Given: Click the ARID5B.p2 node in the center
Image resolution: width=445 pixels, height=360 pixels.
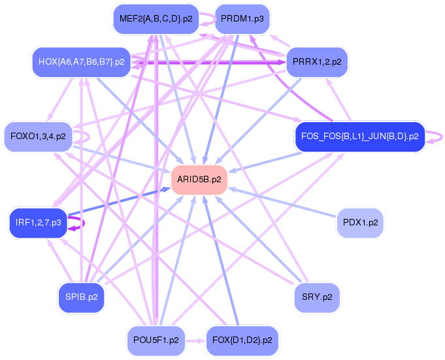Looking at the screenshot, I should (199, 179).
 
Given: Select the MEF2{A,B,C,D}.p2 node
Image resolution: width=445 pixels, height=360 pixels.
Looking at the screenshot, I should (154, 19).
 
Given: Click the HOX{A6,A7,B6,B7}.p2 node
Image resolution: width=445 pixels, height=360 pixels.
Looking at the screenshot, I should (81, 62).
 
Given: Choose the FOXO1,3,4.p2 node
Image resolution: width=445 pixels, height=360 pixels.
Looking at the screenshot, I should (38, 137).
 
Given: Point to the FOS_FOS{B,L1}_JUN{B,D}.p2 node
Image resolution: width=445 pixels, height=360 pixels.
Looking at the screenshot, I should (359, 137).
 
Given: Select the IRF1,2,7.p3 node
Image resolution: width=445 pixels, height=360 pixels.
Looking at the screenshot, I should (38, 223).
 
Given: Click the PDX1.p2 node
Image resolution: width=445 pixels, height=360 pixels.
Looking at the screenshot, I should (359, 223).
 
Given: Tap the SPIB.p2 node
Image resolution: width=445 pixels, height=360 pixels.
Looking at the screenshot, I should (81, 297).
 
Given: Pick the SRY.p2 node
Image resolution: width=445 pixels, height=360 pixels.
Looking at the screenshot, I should (318, 297).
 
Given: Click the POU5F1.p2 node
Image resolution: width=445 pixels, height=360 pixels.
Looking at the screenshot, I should (156, 340).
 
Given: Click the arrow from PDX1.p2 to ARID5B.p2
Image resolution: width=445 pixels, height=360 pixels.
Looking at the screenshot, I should (281, 203).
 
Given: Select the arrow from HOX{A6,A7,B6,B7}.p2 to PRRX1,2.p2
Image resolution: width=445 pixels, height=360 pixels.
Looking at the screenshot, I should (209, 63).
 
